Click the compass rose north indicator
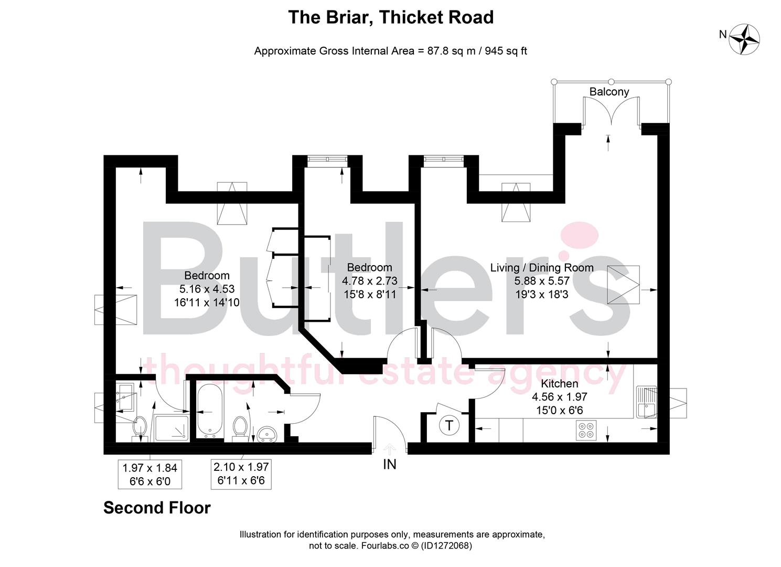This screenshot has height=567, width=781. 744,38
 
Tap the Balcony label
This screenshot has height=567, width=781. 609,91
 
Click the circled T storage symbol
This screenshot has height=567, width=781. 449,425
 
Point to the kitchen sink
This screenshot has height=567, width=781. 646,402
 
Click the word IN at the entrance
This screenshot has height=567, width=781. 390,464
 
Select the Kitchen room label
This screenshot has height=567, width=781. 560,383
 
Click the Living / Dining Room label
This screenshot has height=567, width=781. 542,268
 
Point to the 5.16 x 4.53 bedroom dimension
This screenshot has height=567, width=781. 207,289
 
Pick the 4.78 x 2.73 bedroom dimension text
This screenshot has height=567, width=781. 369,281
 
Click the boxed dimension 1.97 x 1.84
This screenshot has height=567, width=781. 150,468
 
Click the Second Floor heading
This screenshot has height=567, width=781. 157,508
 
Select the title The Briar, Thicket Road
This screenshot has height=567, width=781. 391,17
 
